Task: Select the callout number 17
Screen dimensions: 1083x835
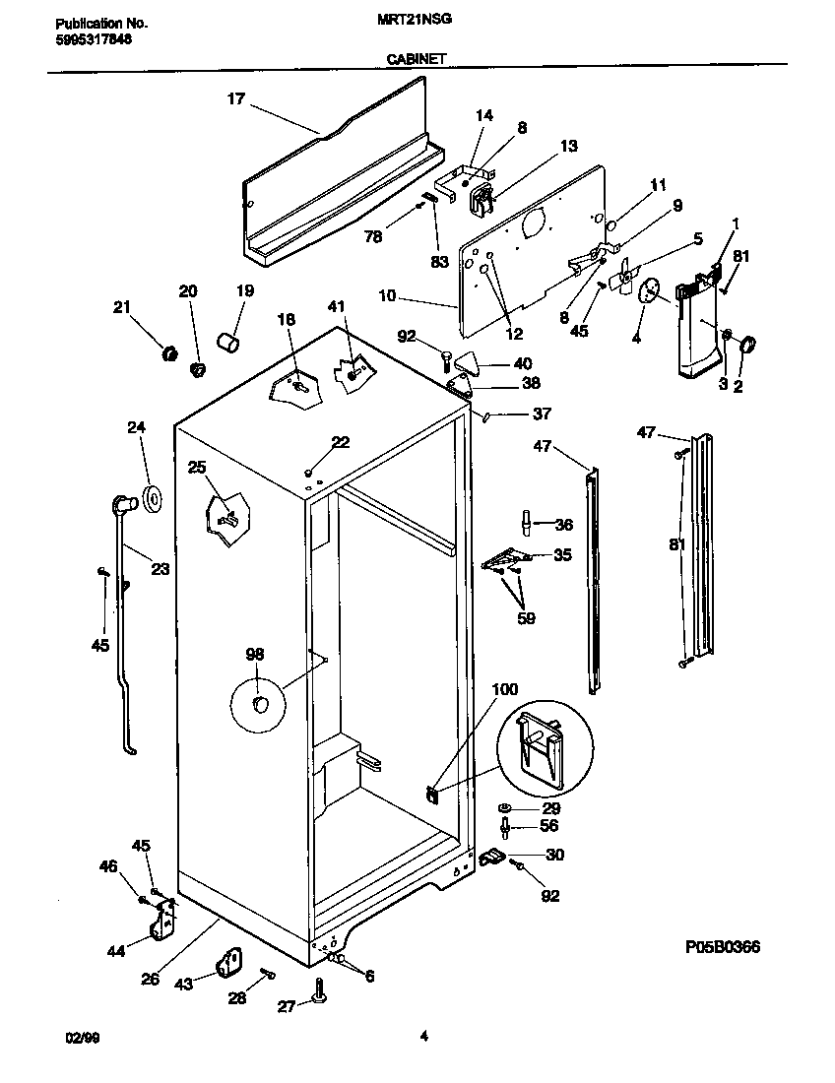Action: pos(236,98)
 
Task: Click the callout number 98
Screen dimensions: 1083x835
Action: pos(255,655)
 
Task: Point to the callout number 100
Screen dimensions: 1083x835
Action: pos(504,690)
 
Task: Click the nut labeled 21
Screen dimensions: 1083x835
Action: pos(168,350)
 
